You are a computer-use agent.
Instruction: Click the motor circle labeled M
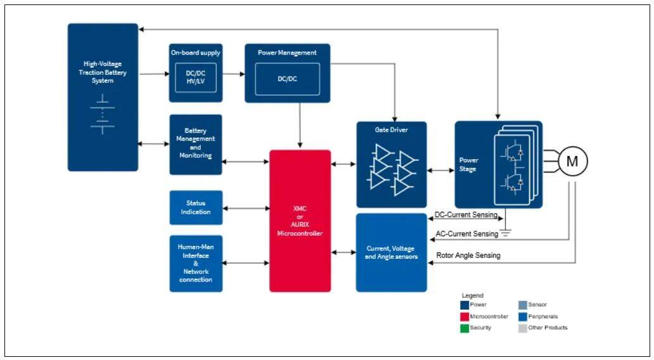coord(572,161)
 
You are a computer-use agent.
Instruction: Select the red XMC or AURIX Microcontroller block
coord(300,221)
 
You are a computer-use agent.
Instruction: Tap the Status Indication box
coord(196,207)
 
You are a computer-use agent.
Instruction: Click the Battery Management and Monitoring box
coord(196,144)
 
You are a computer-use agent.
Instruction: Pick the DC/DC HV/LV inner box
coord(196,78)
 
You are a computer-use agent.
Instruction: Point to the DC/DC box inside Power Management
coord(287,79)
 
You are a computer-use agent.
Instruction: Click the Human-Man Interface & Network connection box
coord(196,263)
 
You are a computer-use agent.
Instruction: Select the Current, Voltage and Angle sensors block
coord(391,252)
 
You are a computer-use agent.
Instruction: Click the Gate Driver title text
coord(391,130)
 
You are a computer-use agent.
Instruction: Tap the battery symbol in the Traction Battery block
coord(102,114)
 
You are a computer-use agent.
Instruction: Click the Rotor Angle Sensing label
coord(468,255)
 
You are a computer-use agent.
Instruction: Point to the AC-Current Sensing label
coord(468,234)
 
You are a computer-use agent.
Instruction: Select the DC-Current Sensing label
coord(466,215)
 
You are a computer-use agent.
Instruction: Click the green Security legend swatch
coord(464,328)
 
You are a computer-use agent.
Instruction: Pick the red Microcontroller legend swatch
coord(464,316)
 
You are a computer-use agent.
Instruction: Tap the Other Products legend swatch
coord(522,328)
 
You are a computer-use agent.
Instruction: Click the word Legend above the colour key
coord(472,295)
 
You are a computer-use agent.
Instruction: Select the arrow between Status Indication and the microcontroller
coord(246,207)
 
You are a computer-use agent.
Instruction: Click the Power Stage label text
coord(469,165)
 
